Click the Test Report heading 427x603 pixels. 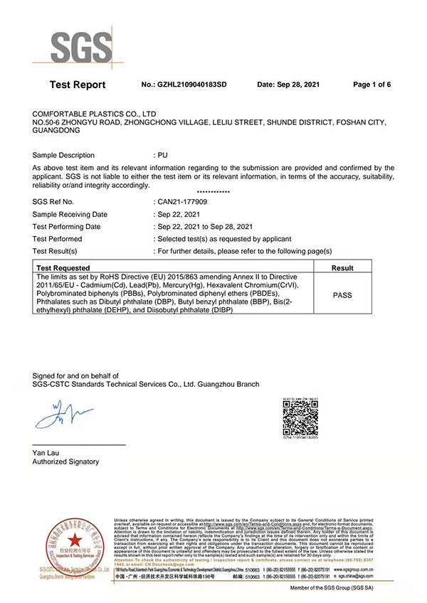tap(78, 85)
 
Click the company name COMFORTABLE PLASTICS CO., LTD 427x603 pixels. tap(95, 114)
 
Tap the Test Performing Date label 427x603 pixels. tap(70, 226)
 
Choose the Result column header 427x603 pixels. tap(343, 268)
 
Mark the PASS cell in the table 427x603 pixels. tap(343, 294)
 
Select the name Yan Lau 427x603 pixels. tap(46, 452)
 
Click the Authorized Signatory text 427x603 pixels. tap(65, 461)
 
